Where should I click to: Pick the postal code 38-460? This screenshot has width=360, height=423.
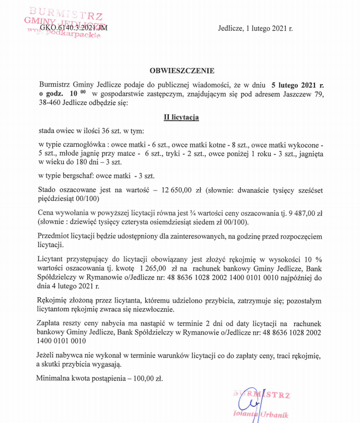click(50, 102)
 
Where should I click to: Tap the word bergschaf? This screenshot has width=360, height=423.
click(74, 175)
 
